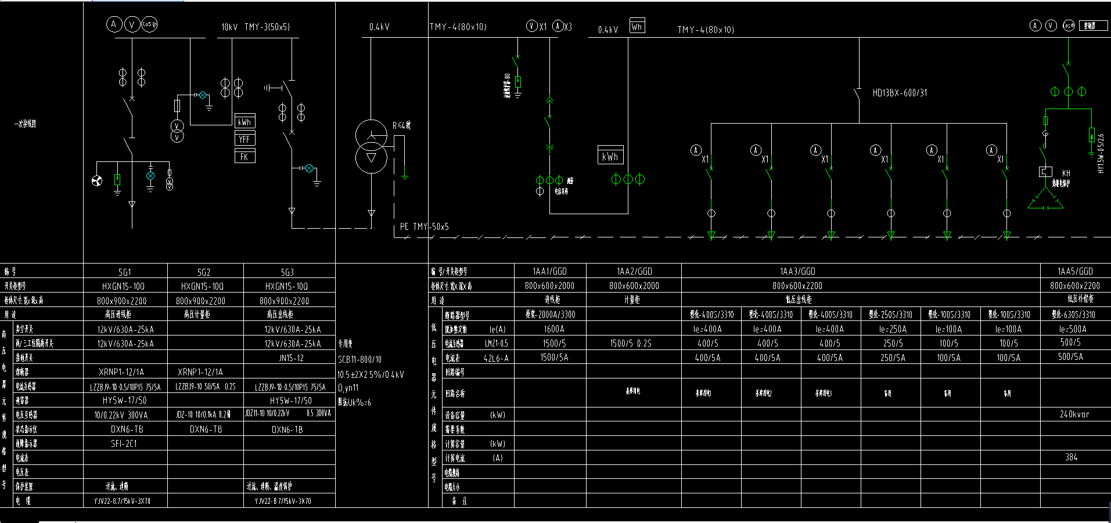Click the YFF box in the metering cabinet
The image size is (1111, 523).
[x=245, y=139]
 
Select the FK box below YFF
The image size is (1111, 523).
[x=245, y=157]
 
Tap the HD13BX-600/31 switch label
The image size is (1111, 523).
[x=900, y=93]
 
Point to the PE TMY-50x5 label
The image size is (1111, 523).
[x=424, y=227]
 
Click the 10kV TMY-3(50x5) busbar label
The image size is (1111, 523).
[x=256, y=27]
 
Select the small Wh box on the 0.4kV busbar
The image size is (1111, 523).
[x=637, y=26]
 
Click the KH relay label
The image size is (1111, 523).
[x=1066, y=173]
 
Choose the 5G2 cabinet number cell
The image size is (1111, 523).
[x=204, y=272]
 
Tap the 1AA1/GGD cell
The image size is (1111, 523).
[x=549, y=271]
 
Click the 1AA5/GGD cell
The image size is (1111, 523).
[x=1075, y=271]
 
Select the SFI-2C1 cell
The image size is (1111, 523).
[x=124, y=443]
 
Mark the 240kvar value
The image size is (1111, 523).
[x=1074, y=414]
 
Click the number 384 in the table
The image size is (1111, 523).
[x=1072, y=457]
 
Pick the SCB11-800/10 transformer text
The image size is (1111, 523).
[x=359, y=360]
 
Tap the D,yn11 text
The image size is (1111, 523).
[x=348, y=388]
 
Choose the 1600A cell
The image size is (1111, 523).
[x=553, y=329]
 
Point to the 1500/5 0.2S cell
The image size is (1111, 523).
[x=630, y=343]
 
